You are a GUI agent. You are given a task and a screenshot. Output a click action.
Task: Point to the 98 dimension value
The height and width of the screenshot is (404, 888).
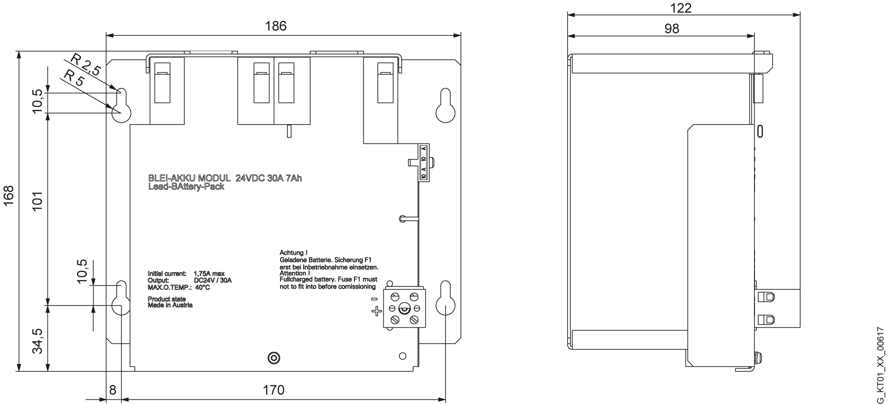[671, 28]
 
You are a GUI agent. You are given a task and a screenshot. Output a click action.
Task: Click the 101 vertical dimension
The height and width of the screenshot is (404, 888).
[38, 201]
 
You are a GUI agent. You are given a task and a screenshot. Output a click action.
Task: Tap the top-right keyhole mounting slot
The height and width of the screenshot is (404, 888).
[445, 106]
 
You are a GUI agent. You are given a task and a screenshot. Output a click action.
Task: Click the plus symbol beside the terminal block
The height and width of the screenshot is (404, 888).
[376, 311]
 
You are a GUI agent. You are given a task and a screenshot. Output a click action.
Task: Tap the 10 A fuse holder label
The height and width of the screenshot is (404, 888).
[423, 163]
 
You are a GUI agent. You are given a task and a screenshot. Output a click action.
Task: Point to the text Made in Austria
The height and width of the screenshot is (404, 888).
[170, 305]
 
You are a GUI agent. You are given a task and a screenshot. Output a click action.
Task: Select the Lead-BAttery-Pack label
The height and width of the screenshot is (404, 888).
[186, 186]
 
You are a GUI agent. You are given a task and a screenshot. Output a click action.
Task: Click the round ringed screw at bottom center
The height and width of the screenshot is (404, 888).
[274, 358]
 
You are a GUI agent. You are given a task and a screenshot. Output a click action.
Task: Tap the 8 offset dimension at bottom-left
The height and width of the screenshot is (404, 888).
[112, 390]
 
